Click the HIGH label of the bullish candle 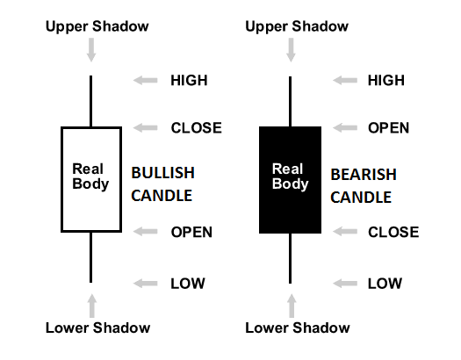tap(189, 80)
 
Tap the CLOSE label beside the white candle tap(197, 128)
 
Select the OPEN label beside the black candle tap(388, 128)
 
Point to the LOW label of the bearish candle tap(385, 284)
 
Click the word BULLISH tap(162, 173)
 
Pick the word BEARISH tap(364, 175)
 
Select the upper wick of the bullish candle tap(90, 101)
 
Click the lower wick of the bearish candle tap(290, 259)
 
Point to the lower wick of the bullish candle tap(90, 258)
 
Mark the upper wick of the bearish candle tap(290, 101)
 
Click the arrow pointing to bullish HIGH tap(145, 80)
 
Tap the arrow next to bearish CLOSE tap(345, 232)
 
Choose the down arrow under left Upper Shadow tap(91, 50)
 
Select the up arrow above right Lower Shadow tap(292, 306)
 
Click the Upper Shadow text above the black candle tap(297, 26)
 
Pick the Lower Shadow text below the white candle tap(97, 328)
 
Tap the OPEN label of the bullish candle tap(191, 232)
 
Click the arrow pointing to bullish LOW tap(145, 284)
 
